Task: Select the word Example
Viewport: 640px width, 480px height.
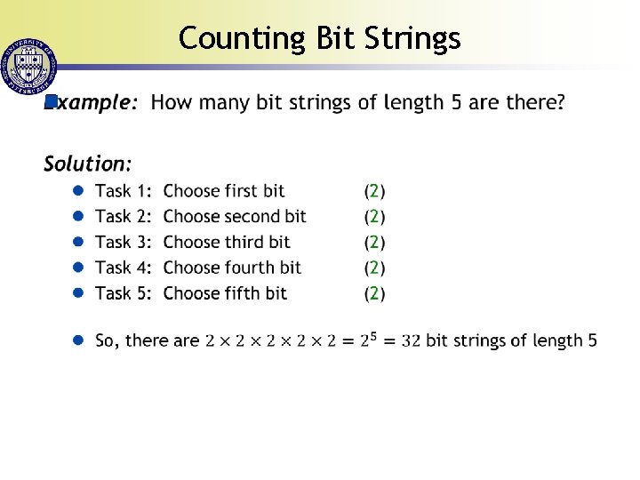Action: pyautogui.click(x=93, y=103)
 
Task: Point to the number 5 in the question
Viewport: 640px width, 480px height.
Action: pyautogui.click(x=456, y=102)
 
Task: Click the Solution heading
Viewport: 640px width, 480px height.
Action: pyautogui.click(x=88, y=164)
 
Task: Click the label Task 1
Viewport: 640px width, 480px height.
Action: pyautogui.click(x=124, y=190)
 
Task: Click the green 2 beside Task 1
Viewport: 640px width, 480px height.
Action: pyautogui.click(x=375, y=190)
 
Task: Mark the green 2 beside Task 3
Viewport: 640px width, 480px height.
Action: pyautogui.click(x=375, y=242)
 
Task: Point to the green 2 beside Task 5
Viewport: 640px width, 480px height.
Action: pyautogui.click(x=375, y=293)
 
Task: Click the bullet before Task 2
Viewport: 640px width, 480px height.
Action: pyautogui.click(x=78, y=216)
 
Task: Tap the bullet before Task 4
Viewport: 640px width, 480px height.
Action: pyautogui.click(x=78, y=268)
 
